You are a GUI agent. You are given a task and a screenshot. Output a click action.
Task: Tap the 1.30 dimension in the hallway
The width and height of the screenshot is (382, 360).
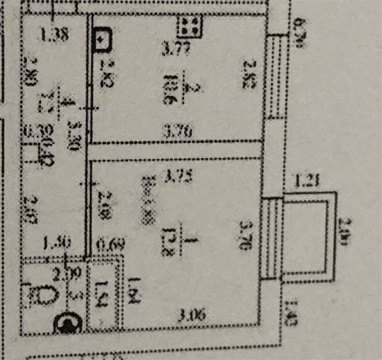pyautogui.click(x=57, y=242)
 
